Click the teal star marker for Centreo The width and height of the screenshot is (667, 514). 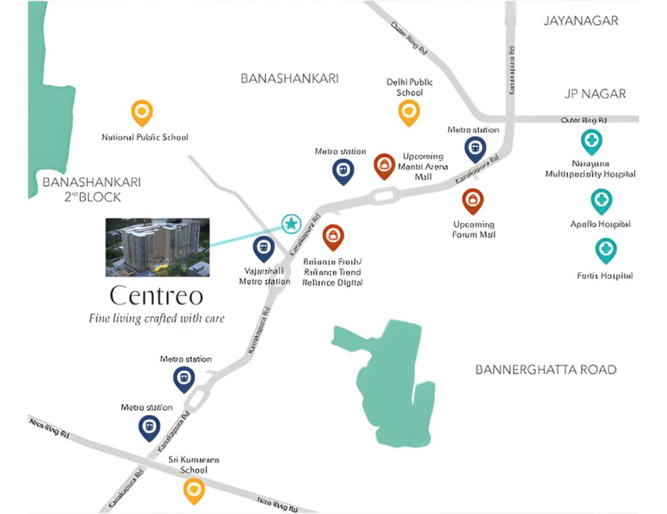click(x=291, y=224)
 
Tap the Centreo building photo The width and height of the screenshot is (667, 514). click(x=158, y=247)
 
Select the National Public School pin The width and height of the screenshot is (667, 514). click(x=142, y=113)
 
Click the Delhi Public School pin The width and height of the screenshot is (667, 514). click(x=408, y=112)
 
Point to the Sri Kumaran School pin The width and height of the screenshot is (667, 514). click(x=193, y=491)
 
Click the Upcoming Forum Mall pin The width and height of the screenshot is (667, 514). click(x=473, y=200)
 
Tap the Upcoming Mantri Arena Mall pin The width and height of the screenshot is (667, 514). click(x=384, y=166)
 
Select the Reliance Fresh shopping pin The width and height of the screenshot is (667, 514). click(x=333, y=237)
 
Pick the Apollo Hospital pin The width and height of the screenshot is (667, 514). click(x=601, y=201)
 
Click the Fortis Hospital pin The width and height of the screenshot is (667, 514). click(x=606, y=250)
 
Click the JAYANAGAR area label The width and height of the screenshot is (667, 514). click(x=580, y=21)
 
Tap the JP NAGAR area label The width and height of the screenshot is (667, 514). click(x=595, y=94)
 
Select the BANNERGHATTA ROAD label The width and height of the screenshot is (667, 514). click(x=545, y=370)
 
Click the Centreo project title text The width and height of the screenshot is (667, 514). click(x=156, y=296)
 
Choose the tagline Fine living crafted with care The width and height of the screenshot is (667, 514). click(x=156, y=319)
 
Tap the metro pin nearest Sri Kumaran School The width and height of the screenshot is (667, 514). click(x=150, y=427)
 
